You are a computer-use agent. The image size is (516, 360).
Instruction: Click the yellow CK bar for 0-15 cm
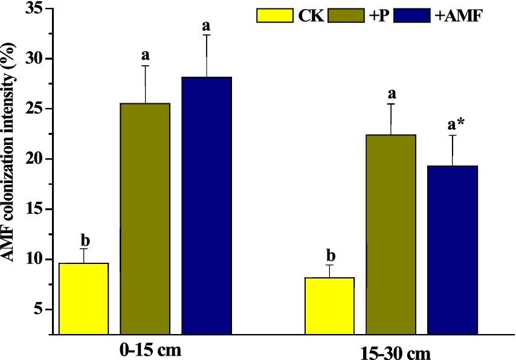coord(83,298)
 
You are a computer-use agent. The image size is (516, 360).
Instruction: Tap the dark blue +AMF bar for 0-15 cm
coord(207,205)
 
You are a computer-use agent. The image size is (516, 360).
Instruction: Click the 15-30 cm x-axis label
coord(394,352)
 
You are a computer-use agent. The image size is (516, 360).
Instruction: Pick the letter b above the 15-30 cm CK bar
coord(329,254)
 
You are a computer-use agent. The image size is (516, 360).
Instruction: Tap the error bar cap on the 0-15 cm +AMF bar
coord(207,35)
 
